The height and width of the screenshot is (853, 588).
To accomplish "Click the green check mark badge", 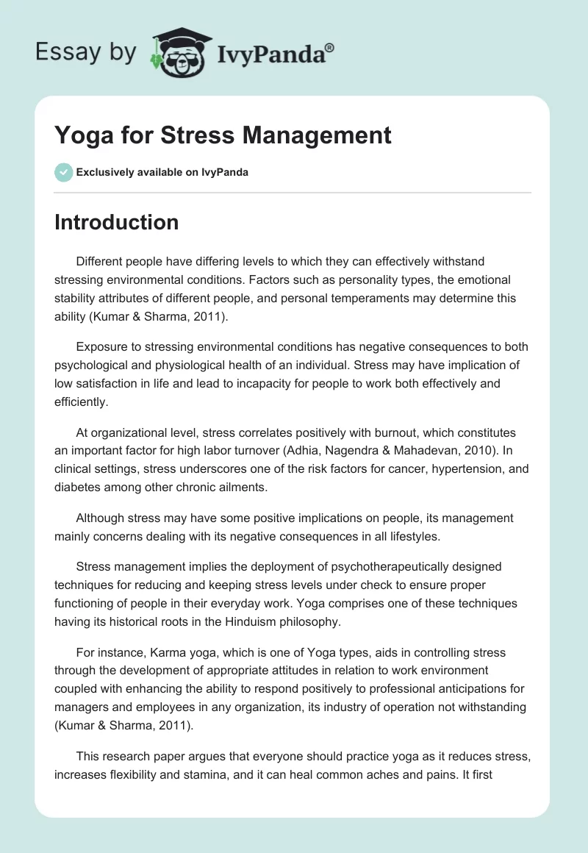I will [63, 172].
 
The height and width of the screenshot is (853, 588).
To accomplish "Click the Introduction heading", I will [116, 222].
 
